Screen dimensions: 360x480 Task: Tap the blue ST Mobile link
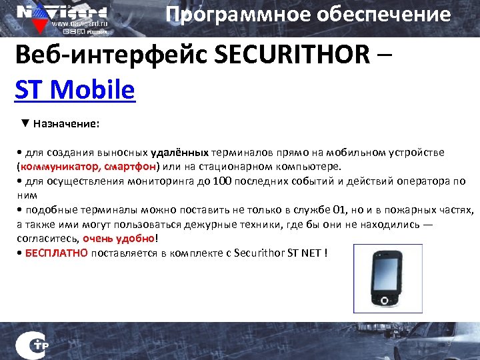click(75, 90)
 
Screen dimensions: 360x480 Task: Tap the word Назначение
click(67, 124)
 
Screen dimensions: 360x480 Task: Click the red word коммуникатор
click(61, 166)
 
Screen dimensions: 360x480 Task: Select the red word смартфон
click(130, 166)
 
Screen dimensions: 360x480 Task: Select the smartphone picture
click(387, 279)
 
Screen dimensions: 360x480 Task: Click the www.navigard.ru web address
click(83, 21)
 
